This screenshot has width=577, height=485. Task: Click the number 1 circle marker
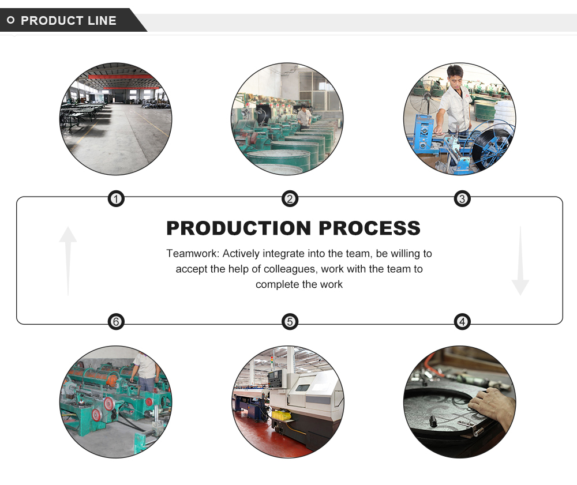pyautogui.click(x=116, y=200)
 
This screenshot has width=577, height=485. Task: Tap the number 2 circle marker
pyautogui.click(x=290, y=200)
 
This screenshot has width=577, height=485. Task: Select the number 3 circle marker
pyautogui.click(x=462, y=200)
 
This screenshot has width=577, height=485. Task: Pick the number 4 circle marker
pyautogui.click(x=462, y=321)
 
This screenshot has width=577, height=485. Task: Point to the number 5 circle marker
pyautogui.click(x=290, y=321)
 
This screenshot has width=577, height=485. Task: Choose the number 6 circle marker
pyautogui.click(x=116, y=321)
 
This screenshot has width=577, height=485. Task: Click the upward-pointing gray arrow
pyautogui.click(x=68, y=260)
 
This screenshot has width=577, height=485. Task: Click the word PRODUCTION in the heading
pyautogui.click(x=239, y=228)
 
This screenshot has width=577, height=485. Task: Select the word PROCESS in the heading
pyautogui.click(x=369, y=228)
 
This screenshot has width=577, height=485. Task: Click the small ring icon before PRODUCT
pyautogui.click(x=10, y=21)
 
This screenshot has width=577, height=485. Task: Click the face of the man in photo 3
pyautogui.click(x=456, y=75)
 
